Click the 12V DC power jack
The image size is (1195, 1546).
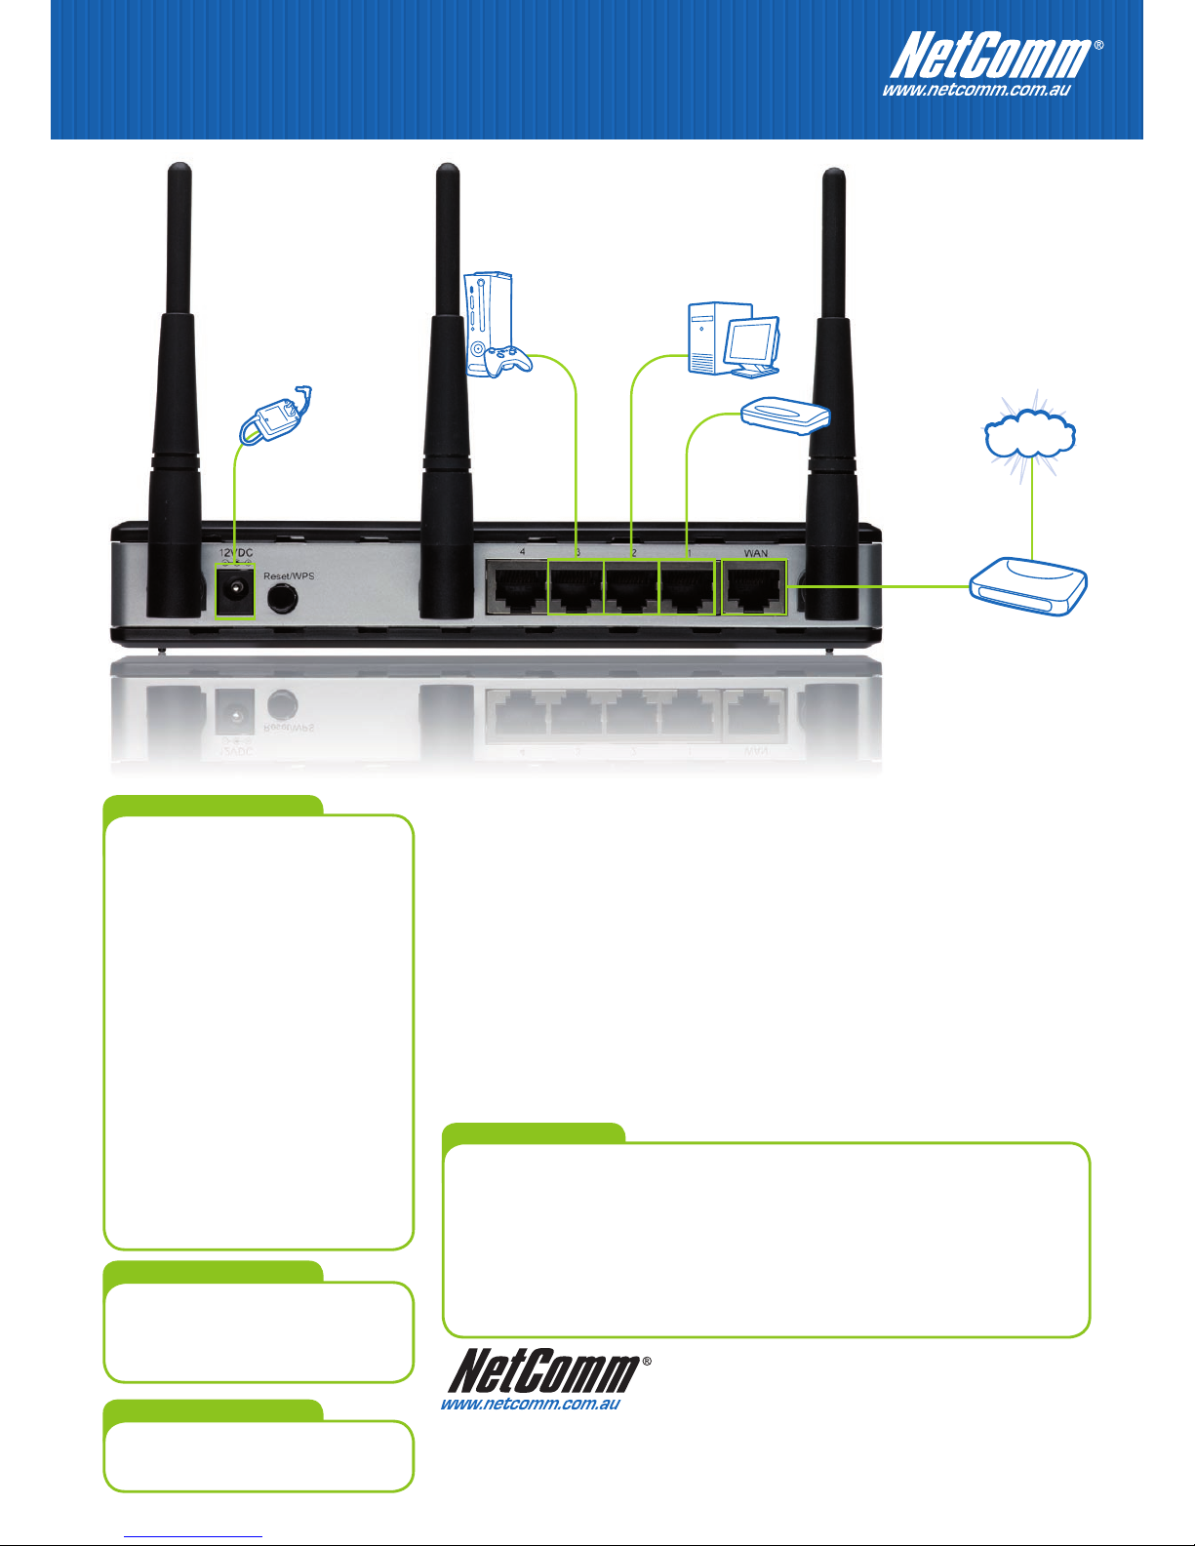tap(235, 591)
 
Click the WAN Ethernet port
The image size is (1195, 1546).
tap(754, 587)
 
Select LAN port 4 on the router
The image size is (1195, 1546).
tap(517, 587)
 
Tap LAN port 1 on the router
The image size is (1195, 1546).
tap(687, 587)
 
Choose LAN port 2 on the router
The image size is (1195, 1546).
tap(632, 587)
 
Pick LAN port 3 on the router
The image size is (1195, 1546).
tap(577, 587)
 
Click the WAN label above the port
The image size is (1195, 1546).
tap(755, 553)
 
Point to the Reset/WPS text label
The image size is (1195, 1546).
tap(289, 575)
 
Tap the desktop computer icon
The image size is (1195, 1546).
tap(734, 340)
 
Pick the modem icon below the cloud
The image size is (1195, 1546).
tap(1028, 586)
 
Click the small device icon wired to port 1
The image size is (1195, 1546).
tap(785, 416)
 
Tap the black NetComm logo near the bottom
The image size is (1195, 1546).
tap(545, 1370)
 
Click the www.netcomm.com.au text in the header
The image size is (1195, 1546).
tap(976, 91)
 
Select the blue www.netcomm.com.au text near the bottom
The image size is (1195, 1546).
tap(531, 1404)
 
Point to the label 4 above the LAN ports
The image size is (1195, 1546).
tap(522, 551)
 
